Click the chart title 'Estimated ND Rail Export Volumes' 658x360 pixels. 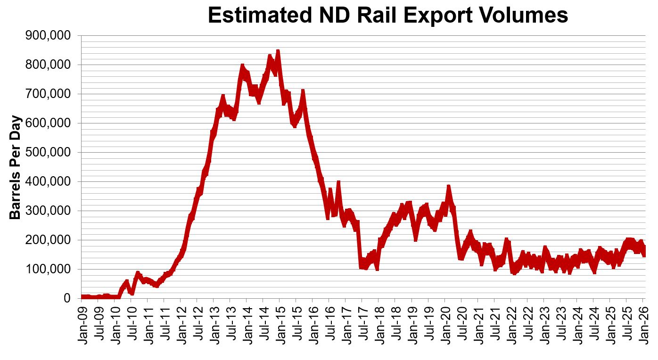pos(387,15)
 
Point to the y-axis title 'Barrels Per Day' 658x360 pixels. pos(15,167)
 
